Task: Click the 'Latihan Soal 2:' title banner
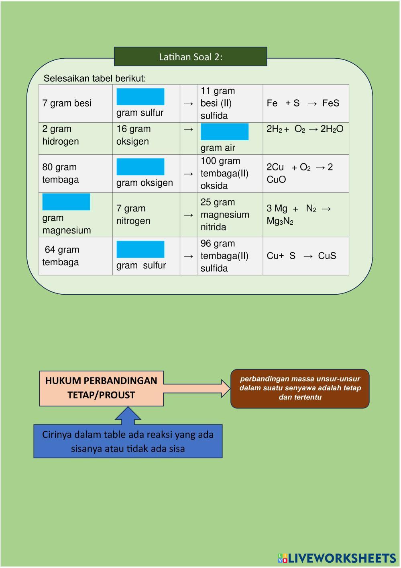[x=190, y=57]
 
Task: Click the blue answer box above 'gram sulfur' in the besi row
[x=140, y=96]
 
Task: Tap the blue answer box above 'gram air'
[x=224, y=132]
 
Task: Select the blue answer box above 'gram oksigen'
[x=140, y=166]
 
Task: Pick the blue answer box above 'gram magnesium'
[x=66, y=202]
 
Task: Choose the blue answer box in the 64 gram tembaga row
[x=140, y=249]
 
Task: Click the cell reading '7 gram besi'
[x=67, y=103]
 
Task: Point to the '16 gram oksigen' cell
[x=134, y=135]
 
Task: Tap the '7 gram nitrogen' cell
[x=133, y=215]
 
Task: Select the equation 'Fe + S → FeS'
[x=303, y=103]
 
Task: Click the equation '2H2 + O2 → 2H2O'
[x=305, y=129]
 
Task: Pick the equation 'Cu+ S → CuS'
[x=301, y=256]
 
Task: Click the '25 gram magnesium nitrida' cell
[x=225, y=215]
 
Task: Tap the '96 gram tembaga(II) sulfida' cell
[x=224, y=256]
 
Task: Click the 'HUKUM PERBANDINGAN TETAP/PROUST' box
[x=101, y=388]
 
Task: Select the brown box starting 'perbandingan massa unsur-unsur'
[x=300, y=388]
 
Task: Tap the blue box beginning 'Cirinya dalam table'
[x=128, y=441]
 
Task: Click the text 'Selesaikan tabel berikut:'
[x=95, y=78]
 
